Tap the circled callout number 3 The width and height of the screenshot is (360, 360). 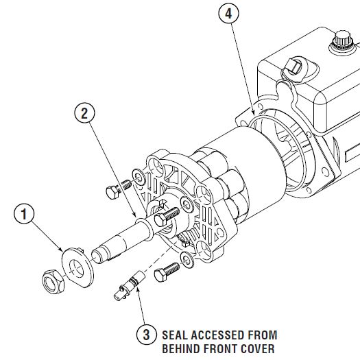point(145,335)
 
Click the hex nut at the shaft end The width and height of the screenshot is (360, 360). point(51,279)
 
